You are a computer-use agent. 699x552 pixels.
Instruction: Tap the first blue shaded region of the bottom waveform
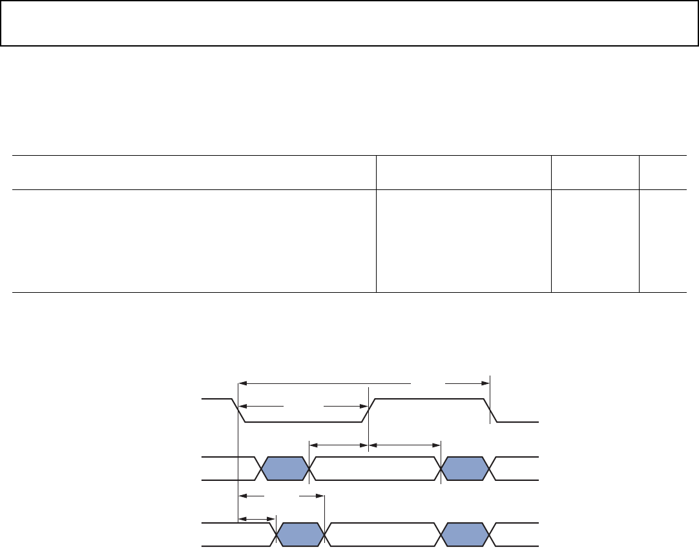pyautogui.click(x=301, y=535)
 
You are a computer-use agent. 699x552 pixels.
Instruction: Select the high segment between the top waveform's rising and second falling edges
pyautogui.click(x=430, y=399)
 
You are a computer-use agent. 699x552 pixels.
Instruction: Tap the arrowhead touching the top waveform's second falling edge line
pyautogui.click(x=485, y=383)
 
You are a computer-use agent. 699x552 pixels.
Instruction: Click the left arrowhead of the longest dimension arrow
pyautogui.click(x=243, y=383)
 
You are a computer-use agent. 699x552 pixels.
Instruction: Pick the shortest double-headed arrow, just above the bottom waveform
pyautogui.click(x=257, y=518)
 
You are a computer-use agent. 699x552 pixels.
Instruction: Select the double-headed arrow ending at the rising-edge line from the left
pyautogui.click(x=339, y=444)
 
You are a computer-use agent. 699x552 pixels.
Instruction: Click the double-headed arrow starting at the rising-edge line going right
pyautogui.click(x=404, y=444)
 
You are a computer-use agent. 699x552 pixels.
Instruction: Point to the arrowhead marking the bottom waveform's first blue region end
pyautogui.click(x=319, y=496)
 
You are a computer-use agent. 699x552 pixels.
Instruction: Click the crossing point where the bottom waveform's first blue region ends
pyautogui.click(x=324, y=535)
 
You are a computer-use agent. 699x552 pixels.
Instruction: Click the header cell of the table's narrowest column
pyautogui.click(x=662, y=172)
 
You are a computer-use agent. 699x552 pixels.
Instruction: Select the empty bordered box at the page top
pyautogui.click(x=349, y=23)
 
